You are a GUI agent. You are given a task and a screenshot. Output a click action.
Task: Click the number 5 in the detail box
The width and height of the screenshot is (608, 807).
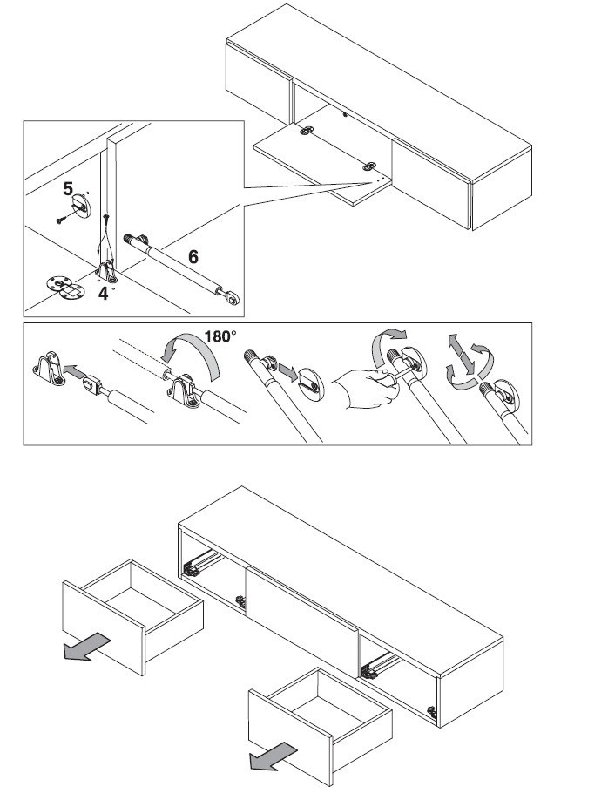[67, 187]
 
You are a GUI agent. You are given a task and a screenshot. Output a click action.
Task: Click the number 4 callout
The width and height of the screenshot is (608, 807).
[104, 294]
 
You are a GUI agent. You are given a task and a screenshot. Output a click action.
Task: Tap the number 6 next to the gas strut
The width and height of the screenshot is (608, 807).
[193, 256]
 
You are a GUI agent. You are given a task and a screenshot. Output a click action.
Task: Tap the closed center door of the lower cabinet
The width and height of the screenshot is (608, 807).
[301, 609]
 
